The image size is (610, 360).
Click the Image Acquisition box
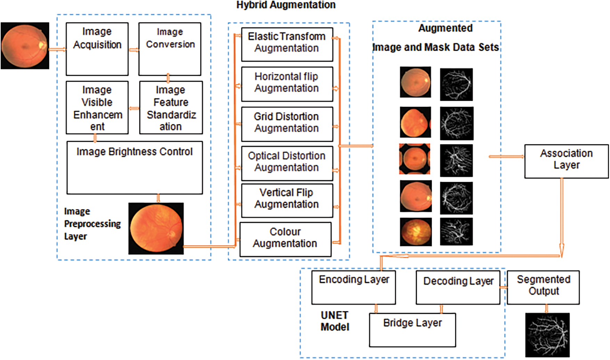pos(97,49)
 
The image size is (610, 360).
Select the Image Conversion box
pos(170,49)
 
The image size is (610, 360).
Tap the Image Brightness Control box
pos(135,167)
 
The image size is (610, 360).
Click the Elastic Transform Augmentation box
pos(287,44)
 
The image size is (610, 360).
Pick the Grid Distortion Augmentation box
pos(287,124)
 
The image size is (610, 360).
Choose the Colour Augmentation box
pos(285,239)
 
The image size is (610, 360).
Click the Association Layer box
pos(566,161)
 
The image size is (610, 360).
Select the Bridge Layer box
pos(412,330)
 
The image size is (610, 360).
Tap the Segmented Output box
pos(543,287)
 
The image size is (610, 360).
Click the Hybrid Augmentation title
pos(286,5)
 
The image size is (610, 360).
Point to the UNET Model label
pos(334,321)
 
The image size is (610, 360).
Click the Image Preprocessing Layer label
pos(92,224)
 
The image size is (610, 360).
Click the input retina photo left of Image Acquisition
pos(25,46)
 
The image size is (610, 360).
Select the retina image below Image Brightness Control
pos(156,228)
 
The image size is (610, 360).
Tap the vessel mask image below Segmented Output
pos(547,335)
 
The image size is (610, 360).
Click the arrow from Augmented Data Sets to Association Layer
pos(506,157)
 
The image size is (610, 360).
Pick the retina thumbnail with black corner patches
pos(415,159)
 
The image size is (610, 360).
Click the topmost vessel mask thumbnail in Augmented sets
pos(456,84)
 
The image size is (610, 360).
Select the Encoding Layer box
pos(353,287)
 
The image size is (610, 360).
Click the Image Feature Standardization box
pos(171,108)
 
